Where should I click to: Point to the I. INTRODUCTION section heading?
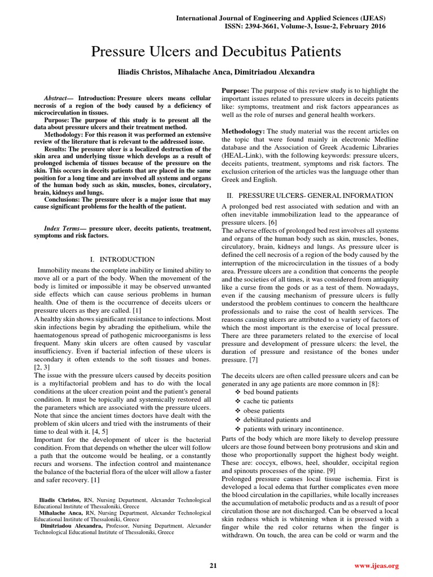122,259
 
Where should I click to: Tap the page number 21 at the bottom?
213,565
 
